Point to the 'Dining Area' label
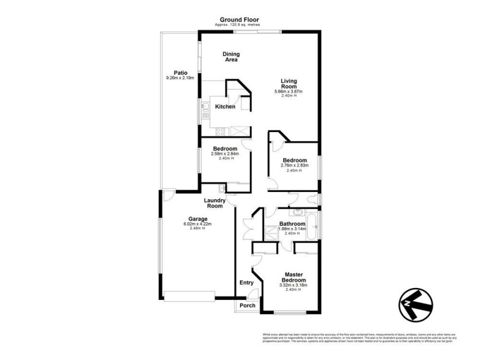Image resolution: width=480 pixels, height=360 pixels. [231, 56]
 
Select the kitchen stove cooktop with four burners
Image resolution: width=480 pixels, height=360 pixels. [220, 131]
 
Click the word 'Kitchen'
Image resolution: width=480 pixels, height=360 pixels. [226, 107]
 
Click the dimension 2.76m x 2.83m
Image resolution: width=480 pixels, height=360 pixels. [295, 166]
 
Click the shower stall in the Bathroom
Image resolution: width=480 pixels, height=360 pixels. [272, 230]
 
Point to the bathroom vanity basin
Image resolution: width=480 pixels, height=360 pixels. [297, 212]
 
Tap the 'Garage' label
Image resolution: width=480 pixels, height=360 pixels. [197, 219]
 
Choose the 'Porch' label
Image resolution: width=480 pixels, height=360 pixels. [247, 305]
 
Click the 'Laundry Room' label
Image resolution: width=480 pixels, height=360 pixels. [215, 203]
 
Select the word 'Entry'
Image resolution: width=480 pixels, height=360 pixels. [247, 283]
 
